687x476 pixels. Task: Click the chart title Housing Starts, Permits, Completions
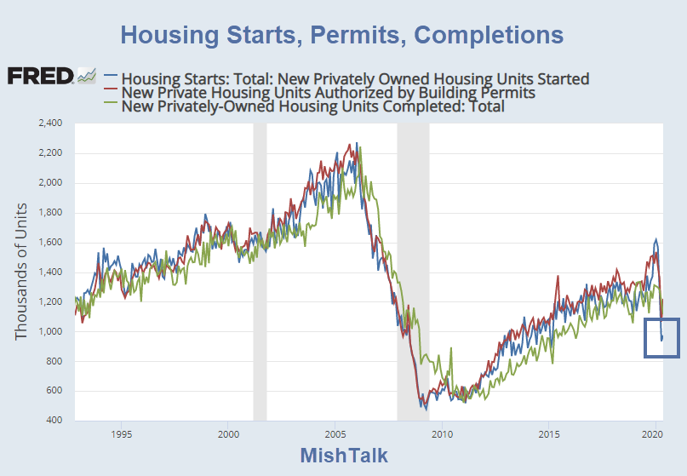[x=341, y=35]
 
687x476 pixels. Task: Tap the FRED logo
[x=40, y=76]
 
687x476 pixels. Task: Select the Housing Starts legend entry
[x=355, y=78]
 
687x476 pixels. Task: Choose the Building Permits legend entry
[x=328, y=92]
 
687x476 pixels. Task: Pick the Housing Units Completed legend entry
[x=313, y=106]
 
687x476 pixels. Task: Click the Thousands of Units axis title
[x=21, y=272]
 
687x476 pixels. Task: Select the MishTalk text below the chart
[x=343, y=455]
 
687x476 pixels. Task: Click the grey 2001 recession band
[x=260, y=272]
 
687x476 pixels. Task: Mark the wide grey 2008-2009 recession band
[x=413, y=272]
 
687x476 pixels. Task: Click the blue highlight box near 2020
[x=661, y=337]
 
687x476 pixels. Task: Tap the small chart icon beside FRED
[x=87, y=76]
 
